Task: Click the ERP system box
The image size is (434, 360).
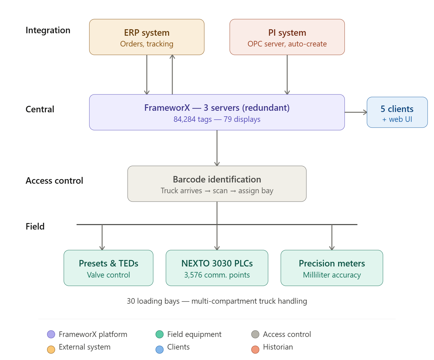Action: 147,37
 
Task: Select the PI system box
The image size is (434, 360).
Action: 287,37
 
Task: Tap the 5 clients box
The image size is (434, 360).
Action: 397,113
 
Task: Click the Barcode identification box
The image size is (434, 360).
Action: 217,184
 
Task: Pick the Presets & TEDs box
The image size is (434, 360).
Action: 108,268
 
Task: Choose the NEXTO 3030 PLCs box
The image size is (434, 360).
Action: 217,268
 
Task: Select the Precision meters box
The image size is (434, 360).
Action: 332,268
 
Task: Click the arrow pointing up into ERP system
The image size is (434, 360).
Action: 172,74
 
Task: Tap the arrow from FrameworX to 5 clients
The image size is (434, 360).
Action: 356,112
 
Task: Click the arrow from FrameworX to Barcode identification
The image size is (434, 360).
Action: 217,148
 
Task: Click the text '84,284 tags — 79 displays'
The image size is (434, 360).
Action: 217,119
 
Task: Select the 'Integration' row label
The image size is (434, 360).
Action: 48,30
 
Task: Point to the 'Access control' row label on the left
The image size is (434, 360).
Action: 54,181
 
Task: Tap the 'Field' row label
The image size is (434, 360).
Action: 35,226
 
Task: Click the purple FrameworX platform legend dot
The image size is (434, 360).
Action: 51,334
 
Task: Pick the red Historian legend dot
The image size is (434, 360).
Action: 255,350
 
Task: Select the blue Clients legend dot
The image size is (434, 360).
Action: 159,350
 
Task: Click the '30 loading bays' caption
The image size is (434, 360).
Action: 217,301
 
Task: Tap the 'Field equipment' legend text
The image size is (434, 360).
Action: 194,334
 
